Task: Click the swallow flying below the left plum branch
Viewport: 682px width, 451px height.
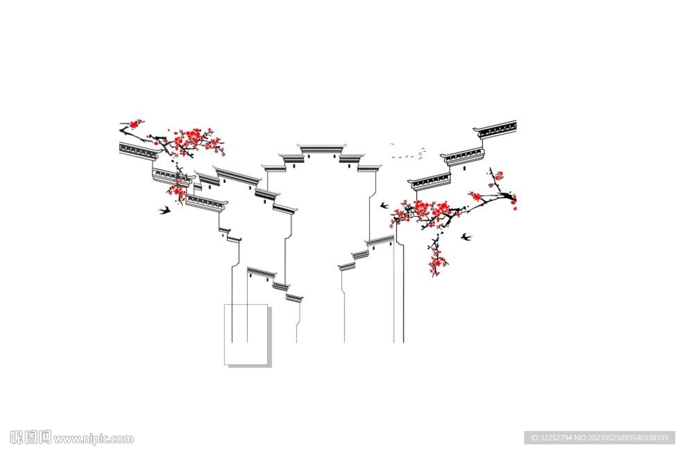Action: click(x=165, y=210)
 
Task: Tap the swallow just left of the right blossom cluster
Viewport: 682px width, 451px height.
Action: click(x=384, y=206)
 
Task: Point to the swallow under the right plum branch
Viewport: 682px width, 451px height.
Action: click(x=466, y=236)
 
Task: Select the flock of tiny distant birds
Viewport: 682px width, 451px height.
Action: click(x=408, y=154)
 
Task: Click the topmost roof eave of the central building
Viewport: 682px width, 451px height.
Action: click(x=322, y=147)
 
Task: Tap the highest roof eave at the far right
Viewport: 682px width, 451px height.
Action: click(x=497, y=128)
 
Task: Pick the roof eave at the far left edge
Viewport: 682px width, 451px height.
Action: click(x=138, y=150)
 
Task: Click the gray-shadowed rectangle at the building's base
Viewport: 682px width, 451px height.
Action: click(x=246, y=335)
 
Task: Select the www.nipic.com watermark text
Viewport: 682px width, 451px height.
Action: click(x=93, y=439)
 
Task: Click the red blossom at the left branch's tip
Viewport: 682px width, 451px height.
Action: click(x=135, y=124)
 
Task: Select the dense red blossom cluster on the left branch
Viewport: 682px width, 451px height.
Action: click(x=193, y=140)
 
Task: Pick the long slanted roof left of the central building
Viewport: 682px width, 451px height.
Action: click(x=237, y=176)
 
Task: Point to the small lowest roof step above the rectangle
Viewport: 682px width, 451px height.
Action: click(x=294, y=297)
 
